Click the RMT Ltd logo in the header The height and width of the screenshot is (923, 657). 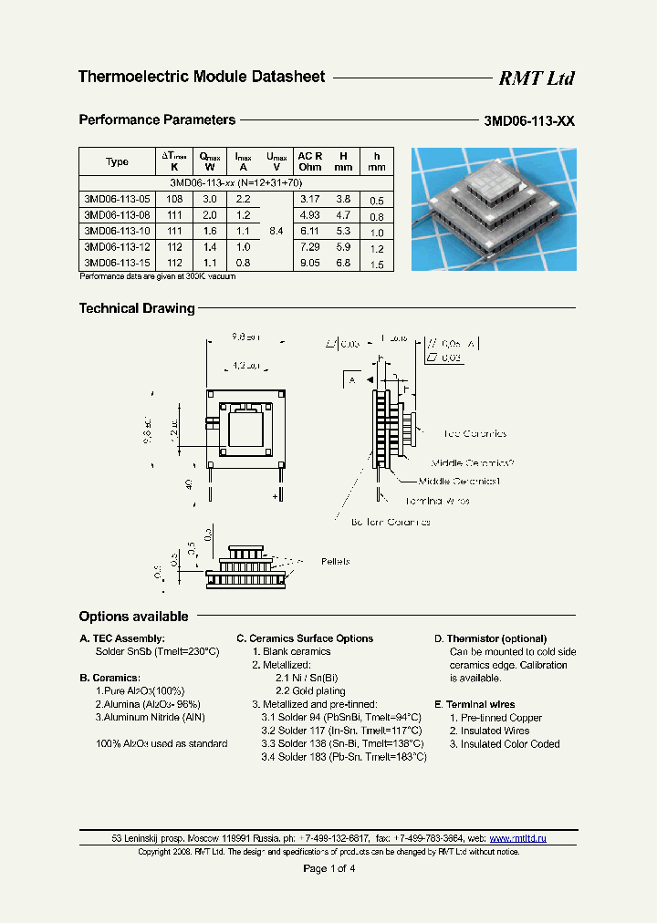point(536,78)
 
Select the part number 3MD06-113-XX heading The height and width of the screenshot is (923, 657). point(529,121)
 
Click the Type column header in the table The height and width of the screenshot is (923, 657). point(117,161)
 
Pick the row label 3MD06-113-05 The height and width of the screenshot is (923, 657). point(116,198)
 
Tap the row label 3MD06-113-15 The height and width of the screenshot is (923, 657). point(116,263)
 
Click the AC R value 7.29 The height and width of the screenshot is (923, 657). point(311,247)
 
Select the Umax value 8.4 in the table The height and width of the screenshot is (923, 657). point(276,231)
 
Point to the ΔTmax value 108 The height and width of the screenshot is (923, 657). point(174,198)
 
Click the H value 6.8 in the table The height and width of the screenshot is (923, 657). point(343,263)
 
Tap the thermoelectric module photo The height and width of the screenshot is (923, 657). point(494,209)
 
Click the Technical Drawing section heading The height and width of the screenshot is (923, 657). point(137,308)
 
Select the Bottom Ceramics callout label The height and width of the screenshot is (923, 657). point(391,522)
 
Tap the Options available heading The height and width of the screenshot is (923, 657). point(133,617)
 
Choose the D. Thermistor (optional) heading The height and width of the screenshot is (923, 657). point(490,638)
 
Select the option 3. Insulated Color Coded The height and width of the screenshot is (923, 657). point(505,744)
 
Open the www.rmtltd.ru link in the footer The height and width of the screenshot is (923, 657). point(519,838)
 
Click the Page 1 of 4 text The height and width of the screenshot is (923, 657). point(328,868)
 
